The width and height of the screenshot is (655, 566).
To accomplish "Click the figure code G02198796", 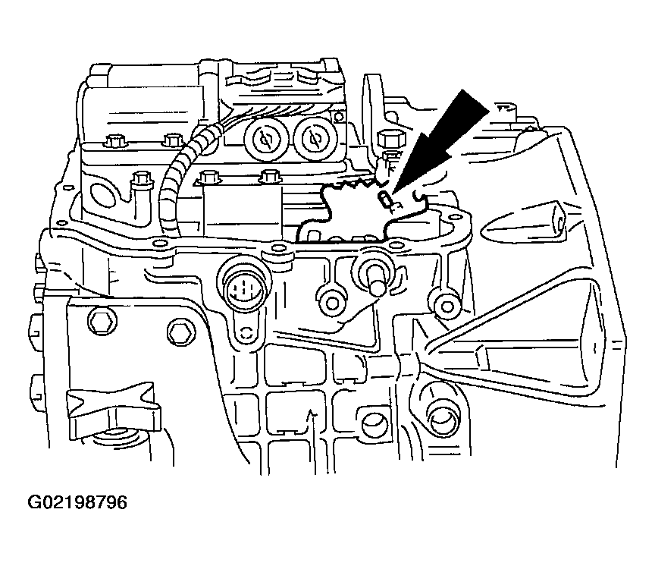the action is (x=77, y=502).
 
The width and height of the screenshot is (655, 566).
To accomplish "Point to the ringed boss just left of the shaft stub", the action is (x=333, y=303).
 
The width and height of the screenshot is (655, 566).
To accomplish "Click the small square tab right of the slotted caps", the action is (x=340, y=117).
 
